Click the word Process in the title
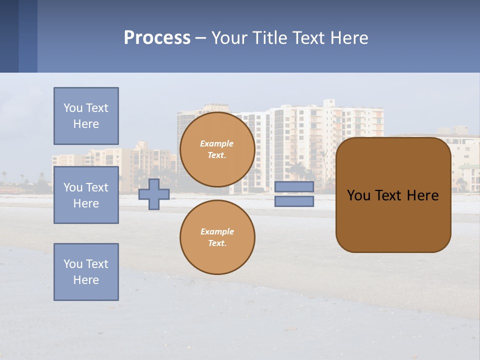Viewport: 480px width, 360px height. point(157,38)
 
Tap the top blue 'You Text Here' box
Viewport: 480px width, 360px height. point(86,116)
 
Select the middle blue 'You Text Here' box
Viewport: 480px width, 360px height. point(86,195)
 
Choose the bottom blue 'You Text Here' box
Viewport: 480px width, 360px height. point(86,272)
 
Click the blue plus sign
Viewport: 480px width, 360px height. point(154,194)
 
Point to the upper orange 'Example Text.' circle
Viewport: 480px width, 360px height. point(217,149)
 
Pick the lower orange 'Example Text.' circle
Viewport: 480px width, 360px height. point(217,237)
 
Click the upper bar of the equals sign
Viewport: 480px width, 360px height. point(294,187)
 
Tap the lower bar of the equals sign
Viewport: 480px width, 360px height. point(294,201)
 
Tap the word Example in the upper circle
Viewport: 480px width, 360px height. point(216,144)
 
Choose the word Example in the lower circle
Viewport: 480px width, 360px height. point(216,232)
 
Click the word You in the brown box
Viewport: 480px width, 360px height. point(358,195)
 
